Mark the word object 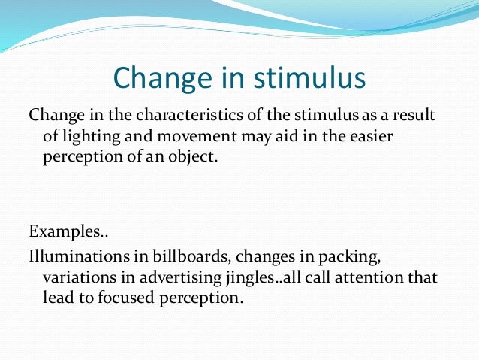coord(201,159)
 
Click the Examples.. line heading coord(62,230)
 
